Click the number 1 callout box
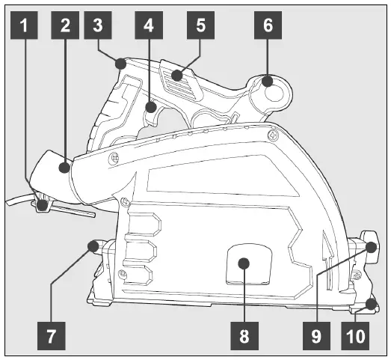coord(27,26)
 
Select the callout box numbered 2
coord(66,26)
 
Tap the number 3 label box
coord(97,26)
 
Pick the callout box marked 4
coord(148,26)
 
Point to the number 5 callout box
coord(200,26)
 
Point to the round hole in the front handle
coord(273,94)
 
